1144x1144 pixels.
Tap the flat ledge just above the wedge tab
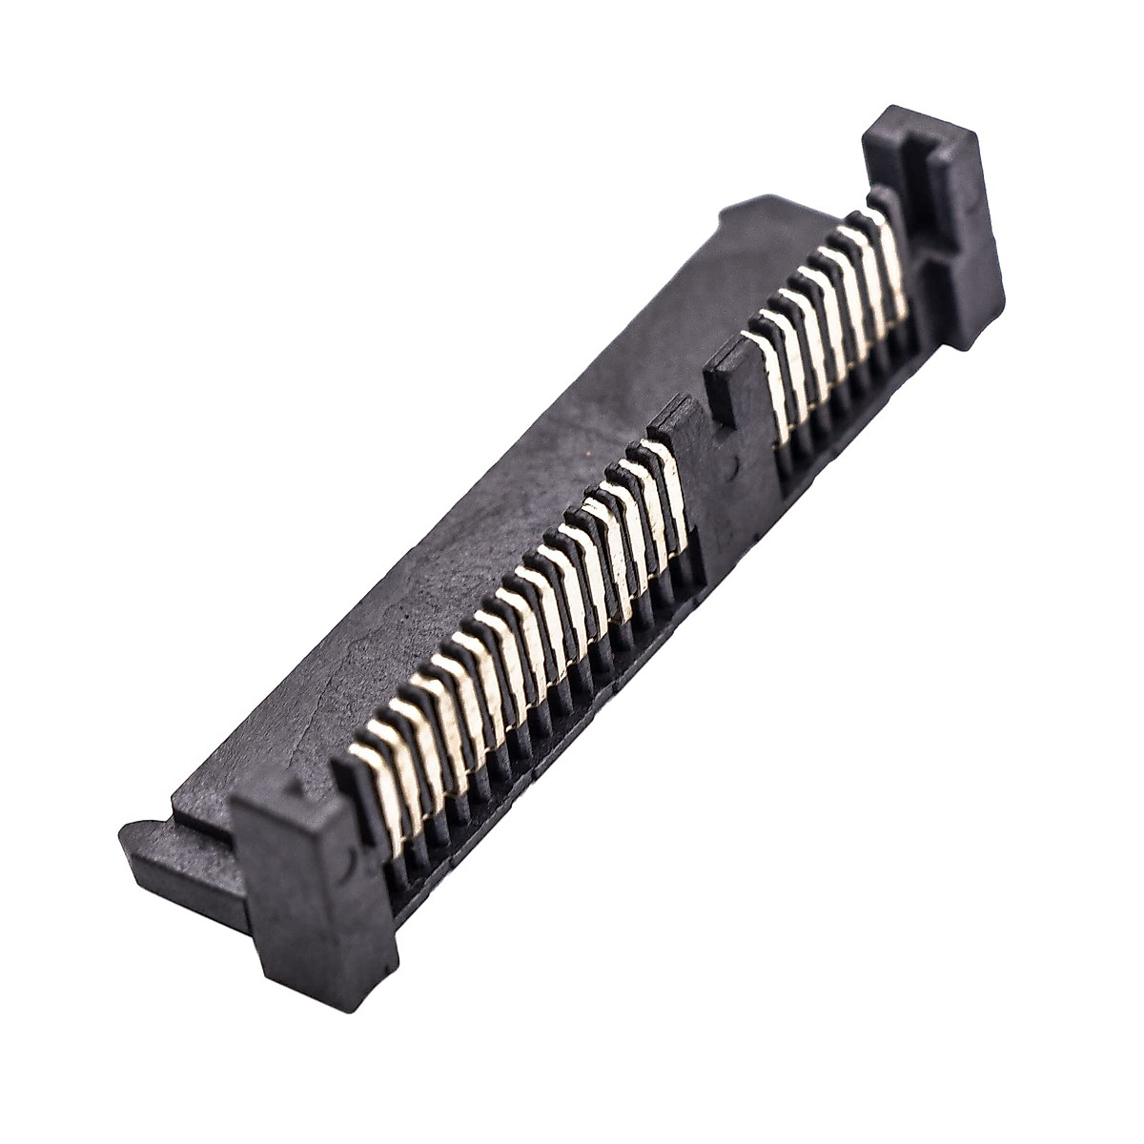coord(200,801)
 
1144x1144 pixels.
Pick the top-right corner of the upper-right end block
coord(972,133)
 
